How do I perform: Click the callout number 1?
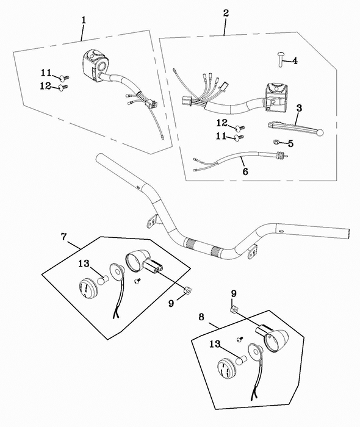[x=84, y=20]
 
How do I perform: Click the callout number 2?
[x=226, y=13]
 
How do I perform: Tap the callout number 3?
[x=299, y=108]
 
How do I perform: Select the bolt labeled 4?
[x=281, y=60]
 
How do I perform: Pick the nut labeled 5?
[x=276, y=142]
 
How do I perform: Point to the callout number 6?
[x=245, y=171]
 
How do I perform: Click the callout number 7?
[x=63, y=237]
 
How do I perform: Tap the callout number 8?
[x=201, y=317]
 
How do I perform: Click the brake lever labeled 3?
[x=295, y=128]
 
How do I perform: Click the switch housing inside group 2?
[x=276, y=96]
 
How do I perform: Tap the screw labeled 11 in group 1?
[x=64, y=79]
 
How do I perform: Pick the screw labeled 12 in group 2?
[x=240, y=127]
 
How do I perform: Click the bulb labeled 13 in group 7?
[x=104, y=279]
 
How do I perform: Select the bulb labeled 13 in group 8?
[x=241, y=360]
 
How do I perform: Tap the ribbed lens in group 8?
[x=227, y=368]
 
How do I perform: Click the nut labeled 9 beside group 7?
[x=187, y=290]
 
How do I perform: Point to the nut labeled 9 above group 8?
[x=233, y=309]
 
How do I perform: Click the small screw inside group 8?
[x=240, y=339]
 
